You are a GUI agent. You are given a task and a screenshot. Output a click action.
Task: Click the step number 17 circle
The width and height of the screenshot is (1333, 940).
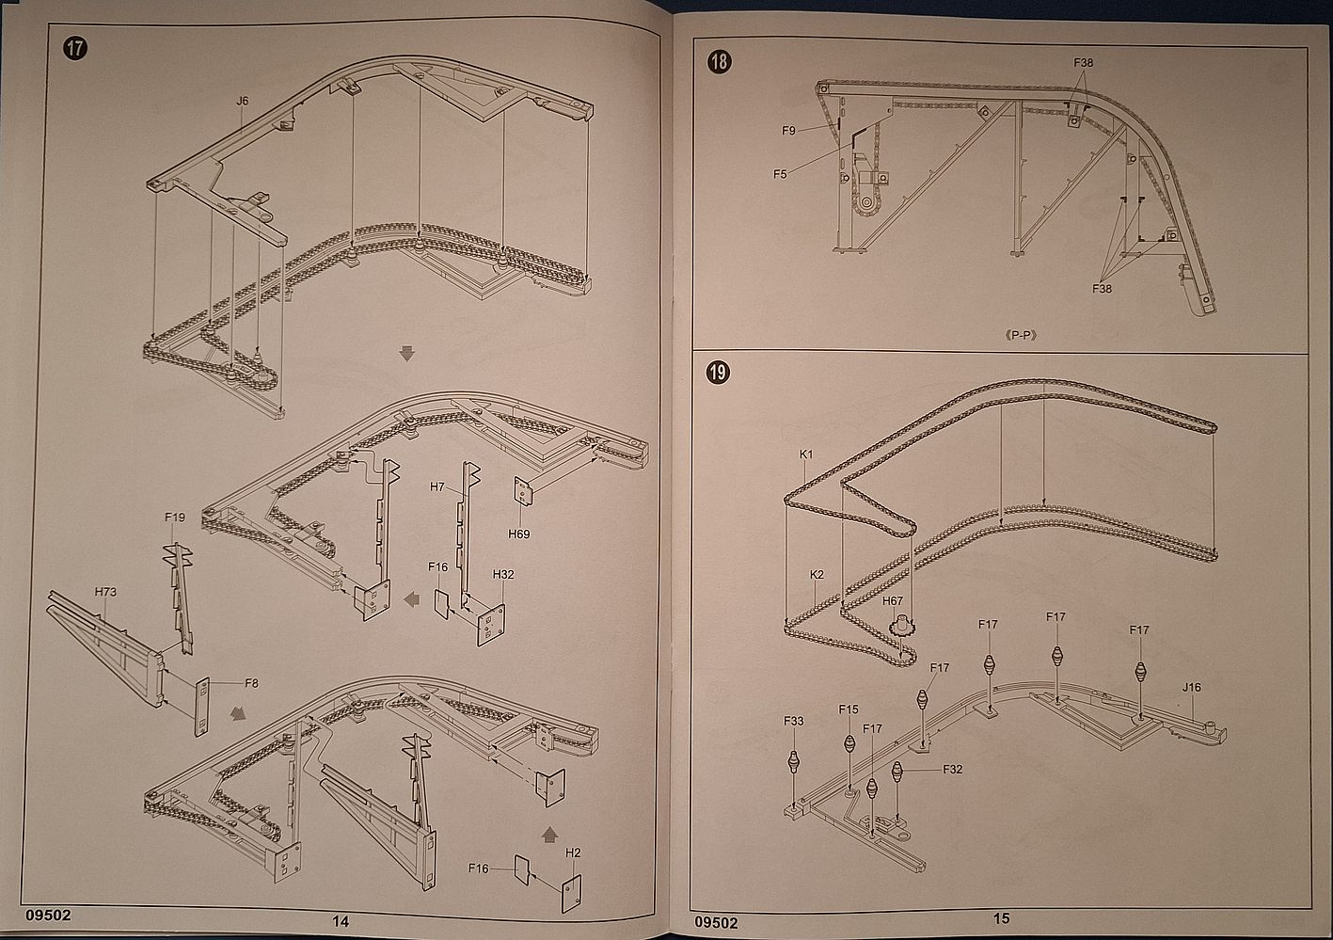click(75, 48)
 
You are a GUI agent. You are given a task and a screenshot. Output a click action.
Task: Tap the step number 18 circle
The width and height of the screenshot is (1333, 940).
click(719, 62)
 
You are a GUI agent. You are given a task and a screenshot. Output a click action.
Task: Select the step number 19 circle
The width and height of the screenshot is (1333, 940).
click(717, 373)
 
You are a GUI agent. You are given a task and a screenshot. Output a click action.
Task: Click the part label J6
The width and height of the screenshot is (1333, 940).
click(243, 101)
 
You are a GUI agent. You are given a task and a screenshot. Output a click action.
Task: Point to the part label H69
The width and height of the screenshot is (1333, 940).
click(518, 534)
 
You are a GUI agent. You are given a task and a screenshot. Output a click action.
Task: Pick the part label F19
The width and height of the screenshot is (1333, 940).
click(175, 517)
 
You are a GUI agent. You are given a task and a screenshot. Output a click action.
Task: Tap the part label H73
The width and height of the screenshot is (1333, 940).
click(105, 592)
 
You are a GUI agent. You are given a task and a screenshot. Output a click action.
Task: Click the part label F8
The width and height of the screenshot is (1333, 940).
click(251, 683)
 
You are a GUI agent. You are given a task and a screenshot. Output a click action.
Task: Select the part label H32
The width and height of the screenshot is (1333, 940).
click(503, 574)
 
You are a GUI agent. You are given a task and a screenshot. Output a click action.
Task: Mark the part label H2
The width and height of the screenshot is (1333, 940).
click(573, 852)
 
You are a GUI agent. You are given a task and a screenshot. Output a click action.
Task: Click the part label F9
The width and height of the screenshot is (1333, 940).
click(788, 131)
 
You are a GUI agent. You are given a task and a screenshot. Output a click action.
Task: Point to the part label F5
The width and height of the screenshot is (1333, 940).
click(780, 173)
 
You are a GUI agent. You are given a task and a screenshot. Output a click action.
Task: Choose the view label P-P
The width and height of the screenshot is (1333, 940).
click(1021, 334)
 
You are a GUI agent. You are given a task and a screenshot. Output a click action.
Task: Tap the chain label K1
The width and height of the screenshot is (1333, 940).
click(806, 454)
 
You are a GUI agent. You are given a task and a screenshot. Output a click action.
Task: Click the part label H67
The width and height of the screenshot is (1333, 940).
click(893, 600)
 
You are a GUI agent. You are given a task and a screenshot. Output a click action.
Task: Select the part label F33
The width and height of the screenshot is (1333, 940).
click(794, 722)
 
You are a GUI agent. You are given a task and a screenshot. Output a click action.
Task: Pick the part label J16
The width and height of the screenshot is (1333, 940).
click(1191, 687)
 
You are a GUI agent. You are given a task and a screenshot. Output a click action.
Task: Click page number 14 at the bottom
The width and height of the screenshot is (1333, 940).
click(341, 921)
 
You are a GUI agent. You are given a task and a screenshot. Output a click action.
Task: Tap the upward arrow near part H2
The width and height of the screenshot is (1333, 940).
click(550, 834)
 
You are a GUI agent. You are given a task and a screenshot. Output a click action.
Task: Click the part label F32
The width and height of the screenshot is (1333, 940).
click(952, 769)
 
